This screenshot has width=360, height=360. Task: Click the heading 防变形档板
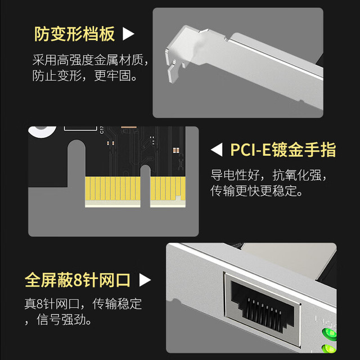(74, 34)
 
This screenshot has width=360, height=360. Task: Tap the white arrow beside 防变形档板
(128, 34)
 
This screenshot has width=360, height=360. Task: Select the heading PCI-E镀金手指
(283, 150)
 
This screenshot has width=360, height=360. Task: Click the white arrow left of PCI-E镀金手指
(217, 150)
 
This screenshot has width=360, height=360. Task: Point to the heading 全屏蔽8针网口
(78, 280)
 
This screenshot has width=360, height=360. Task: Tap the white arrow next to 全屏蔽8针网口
(145, 280)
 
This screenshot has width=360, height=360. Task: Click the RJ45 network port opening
(263, 306)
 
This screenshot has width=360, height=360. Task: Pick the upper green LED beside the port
(330, 334)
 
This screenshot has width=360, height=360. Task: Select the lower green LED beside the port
(329, 349)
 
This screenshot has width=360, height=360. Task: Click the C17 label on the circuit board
(102, 130)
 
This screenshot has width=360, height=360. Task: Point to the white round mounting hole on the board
(42, 131)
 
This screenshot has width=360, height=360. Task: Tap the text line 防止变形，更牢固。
(85, 75)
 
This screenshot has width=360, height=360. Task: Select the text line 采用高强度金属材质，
(90, 60)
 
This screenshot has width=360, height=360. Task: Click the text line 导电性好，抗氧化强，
(269, 175)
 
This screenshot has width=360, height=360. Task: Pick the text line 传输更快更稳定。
(256, 191)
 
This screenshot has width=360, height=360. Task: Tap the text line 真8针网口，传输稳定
(83, 304)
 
